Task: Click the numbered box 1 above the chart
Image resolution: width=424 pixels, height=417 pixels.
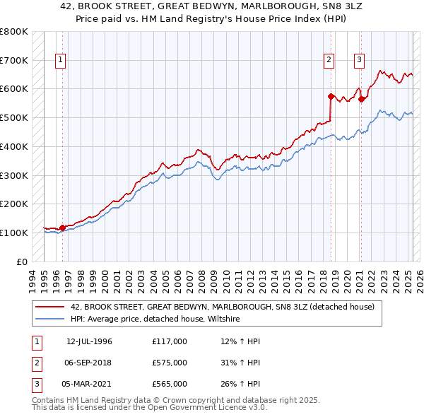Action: tap(61, 61)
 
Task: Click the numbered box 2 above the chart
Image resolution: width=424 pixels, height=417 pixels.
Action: tap(329, 61)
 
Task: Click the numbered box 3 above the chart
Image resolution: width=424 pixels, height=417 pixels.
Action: tap(359, 61)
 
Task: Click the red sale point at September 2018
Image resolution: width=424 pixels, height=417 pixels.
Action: tap(331, 95)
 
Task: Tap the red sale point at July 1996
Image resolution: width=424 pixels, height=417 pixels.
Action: tap(62, 228)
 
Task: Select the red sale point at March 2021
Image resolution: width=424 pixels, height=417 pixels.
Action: tap(361, 99)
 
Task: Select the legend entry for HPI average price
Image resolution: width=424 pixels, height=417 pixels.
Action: tap(155, 319)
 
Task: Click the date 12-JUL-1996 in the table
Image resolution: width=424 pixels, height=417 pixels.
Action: tap(89, 342)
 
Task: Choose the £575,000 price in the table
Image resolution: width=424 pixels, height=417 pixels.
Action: tap(169, 363)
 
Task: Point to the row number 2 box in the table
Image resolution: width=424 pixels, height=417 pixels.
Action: tap(35, 363)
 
